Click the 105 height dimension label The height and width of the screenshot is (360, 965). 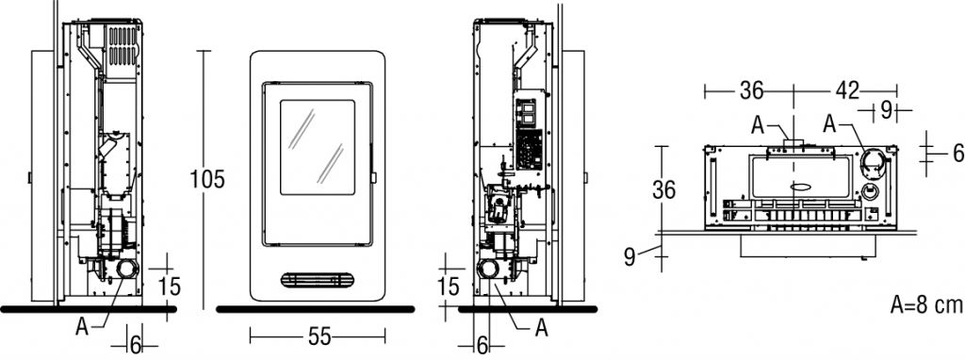(x=207, y=179)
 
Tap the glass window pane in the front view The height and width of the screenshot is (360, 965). (x=318, y=148)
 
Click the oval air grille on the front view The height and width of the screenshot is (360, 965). (x=318, y=280)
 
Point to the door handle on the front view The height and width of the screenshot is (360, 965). (x=373, y=177)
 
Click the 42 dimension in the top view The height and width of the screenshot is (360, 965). (x=847, y=91)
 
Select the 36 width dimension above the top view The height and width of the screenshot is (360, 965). (x=751, y=91)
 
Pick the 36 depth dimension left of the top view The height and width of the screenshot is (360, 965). (x=664, y=190)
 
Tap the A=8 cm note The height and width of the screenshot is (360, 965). (x=926, y=304)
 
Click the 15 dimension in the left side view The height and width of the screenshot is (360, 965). (x=170, y=286)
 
